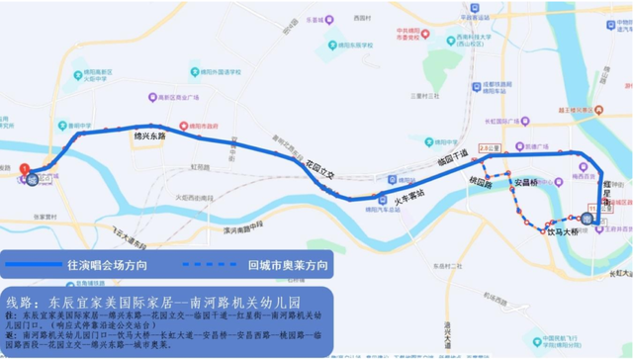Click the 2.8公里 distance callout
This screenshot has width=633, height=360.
tap(485, 149)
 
